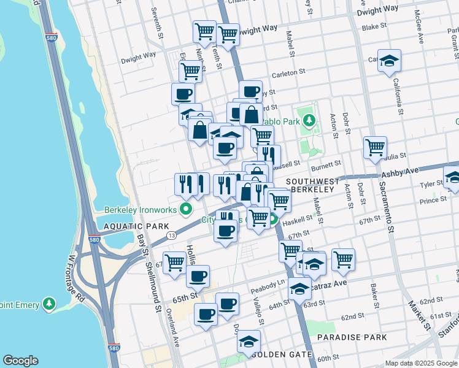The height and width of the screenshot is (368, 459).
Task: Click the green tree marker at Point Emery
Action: [49, 304]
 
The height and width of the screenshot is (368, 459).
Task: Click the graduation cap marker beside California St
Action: [389, 61]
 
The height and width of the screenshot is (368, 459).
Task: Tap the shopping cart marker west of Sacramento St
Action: [375, 147]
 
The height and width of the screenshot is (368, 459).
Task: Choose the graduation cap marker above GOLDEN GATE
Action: [249, 341]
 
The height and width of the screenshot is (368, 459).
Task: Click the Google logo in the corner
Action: [20, 361]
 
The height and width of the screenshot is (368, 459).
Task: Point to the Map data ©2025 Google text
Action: [422, 363]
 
